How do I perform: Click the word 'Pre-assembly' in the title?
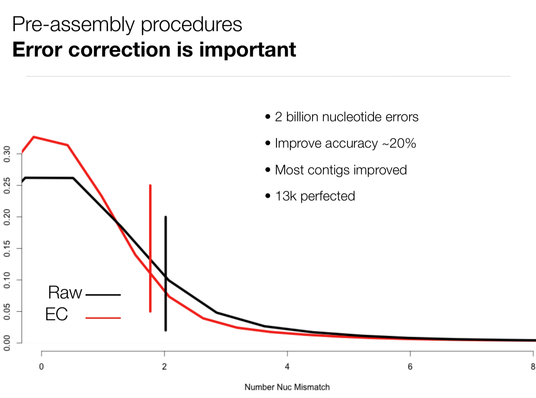point(73,25)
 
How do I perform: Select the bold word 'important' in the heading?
point(247,50)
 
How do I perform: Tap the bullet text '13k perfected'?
point(315,196)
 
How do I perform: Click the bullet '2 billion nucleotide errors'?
point(346,117)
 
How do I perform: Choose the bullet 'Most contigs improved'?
point(341,170)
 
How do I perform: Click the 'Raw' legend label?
point(65,292)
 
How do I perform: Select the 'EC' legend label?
point(56,314)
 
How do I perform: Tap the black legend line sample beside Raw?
point(103,295)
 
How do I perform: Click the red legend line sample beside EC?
point(103,318)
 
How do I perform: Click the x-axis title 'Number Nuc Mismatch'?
point(287,387)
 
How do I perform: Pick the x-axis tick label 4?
point(287,367)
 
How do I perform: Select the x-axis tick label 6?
point(410,367)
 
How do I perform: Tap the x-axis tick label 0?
point(41,367)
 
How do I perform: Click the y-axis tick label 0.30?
point(7,154)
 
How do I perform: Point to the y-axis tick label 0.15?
point(7,248)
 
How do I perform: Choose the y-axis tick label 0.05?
point(7,312)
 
